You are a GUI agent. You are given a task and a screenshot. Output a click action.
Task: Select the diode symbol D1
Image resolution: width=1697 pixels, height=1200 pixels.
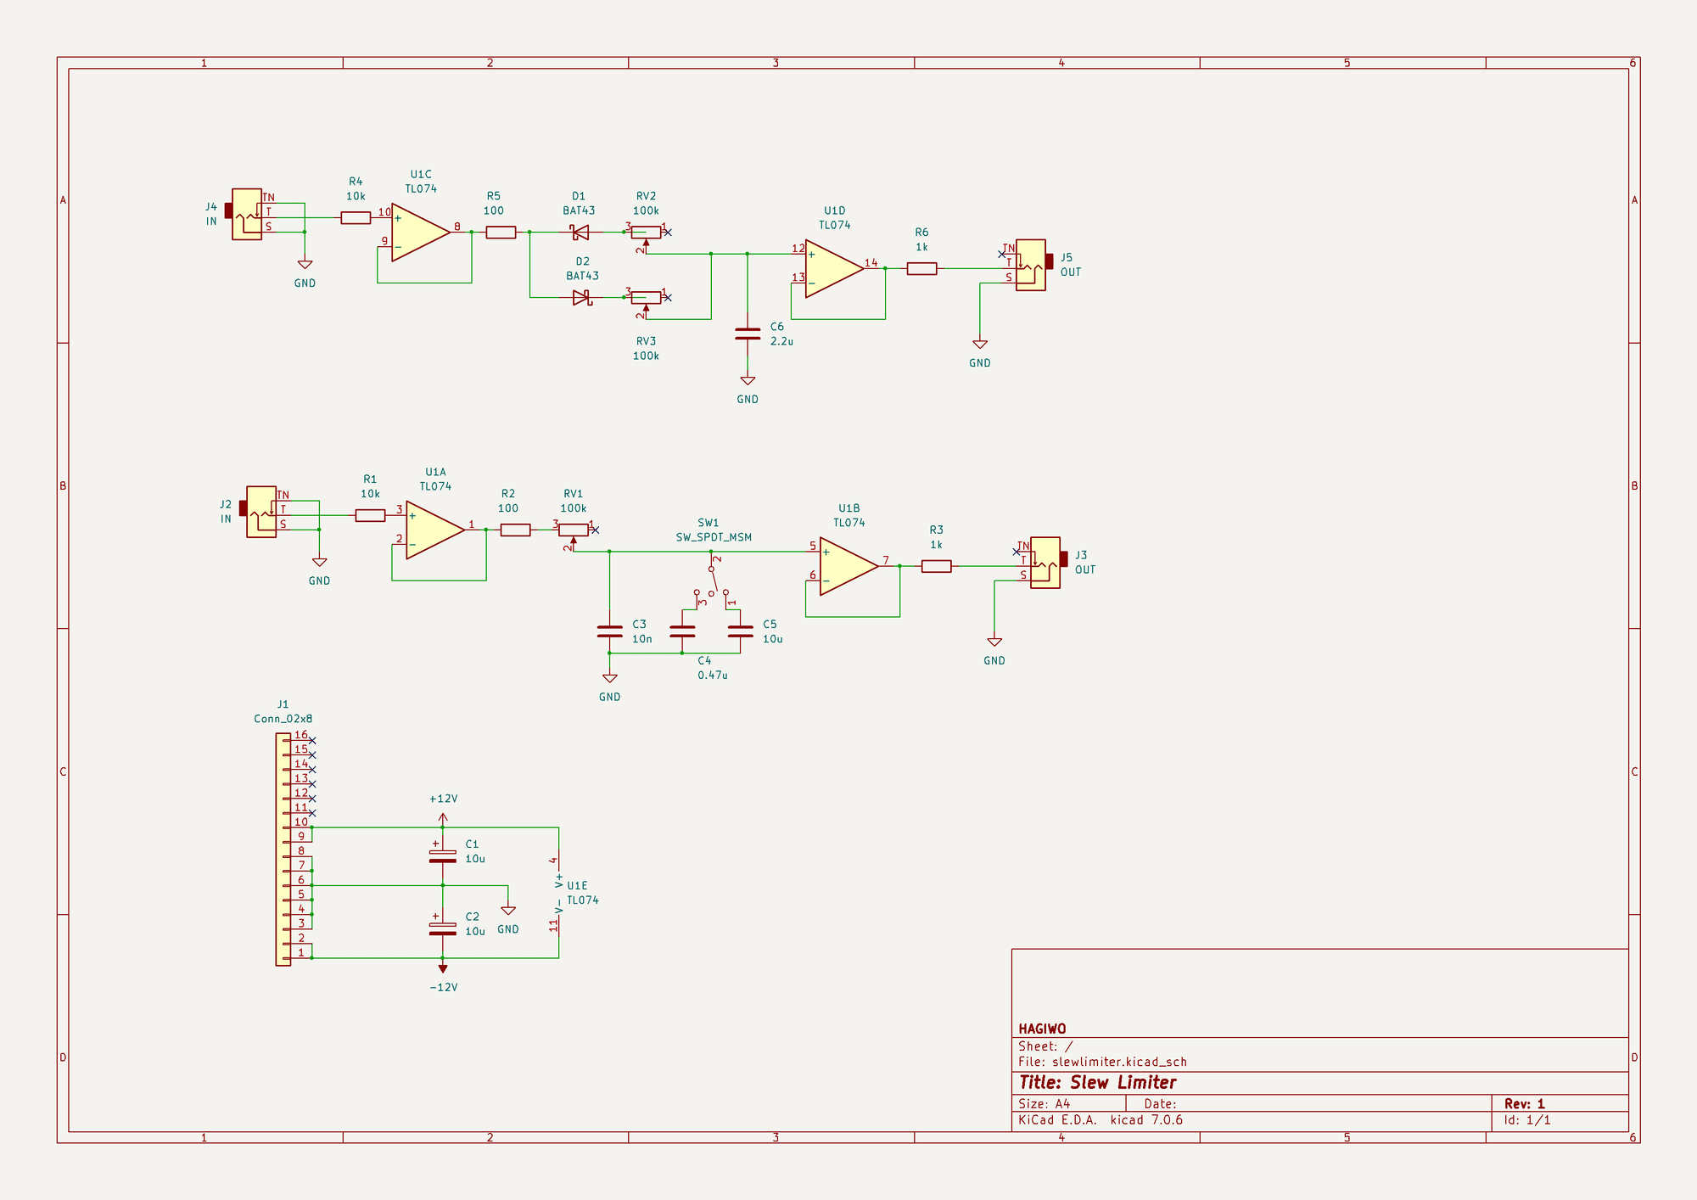580,232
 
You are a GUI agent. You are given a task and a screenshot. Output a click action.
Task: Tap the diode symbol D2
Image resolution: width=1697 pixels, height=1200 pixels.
582,297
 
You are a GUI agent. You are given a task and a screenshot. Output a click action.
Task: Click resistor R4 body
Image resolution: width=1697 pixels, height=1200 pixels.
356,218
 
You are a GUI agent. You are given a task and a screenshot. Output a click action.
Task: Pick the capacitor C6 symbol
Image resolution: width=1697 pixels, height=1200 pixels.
748,334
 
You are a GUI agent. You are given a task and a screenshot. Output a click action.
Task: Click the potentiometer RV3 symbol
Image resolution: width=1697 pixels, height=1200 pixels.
646,297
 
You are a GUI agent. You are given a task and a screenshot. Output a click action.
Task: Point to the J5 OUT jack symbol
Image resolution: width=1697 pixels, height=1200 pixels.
1031,265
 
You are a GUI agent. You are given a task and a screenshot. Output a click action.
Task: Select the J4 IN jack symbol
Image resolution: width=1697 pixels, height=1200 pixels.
246,214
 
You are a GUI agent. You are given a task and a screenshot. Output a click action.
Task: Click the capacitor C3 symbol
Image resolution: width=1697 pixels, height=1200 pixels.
609,631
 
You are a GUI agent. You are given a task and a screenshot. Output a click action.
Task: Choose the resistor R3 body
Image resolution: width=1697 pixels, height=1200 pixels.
936,566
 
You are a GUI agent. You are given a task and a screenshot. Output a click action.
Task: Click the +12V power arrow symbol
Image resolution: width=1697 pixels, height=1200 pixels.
442,817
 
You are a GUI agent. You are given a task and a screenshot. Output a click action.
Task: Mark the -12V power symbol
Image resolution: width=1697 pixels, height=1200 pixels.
442,968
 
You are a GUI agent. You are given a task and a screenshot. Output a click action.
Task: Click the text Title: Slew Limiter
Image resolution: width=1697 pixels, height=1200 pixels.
1097,1083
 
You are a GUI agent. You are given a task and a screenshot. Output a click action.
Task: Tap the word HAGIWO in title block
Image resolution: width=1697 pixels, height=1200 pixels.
1042,1029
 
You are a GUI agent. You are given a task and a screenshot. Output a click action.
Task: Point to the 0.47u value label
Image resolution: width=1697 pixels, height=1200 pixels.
713,676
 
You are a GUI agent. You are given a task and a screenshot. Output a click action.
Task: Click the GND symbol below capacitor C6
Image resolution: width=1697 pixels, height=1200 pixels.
748,381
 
